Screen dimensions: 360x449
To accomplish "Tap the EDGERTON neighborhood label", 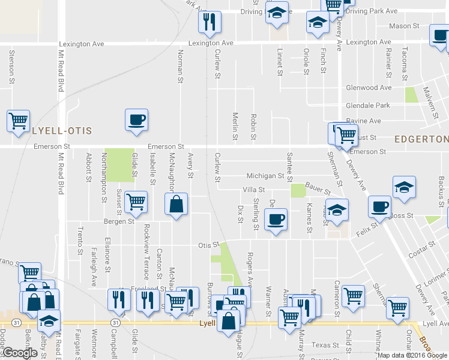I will click(x=421, y=139).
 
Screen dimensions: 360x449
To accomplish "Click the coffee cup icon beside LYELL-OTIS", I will click(x=136, y=119).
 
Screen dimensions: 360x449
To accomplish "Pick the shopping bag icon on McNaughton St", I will click(x=176, y=204).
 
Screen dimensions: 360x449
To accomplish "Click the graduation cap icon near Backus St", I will click(x=405, y=187).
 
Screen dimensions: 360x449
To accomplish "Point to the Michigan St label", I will click(x=265, y=176).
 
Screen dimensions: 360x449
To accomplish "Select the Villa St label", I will click(x=253, y=190).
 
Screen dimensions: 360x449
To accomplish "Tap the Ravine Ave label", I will click(x=364, y=121).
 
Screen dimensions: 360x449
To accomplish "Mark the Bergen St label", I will click(x=119, y=221).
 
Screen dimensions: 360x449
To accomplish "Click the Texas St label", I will click(x=325, y=345).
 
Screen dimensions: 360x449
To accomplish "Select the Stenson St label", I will click(x=11, y=66).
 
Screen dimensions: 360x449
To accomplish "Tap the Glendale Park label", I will click(x=368, y=105).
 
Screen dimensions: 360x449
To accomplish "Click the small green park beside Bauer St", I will click(x=297, y=190).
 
